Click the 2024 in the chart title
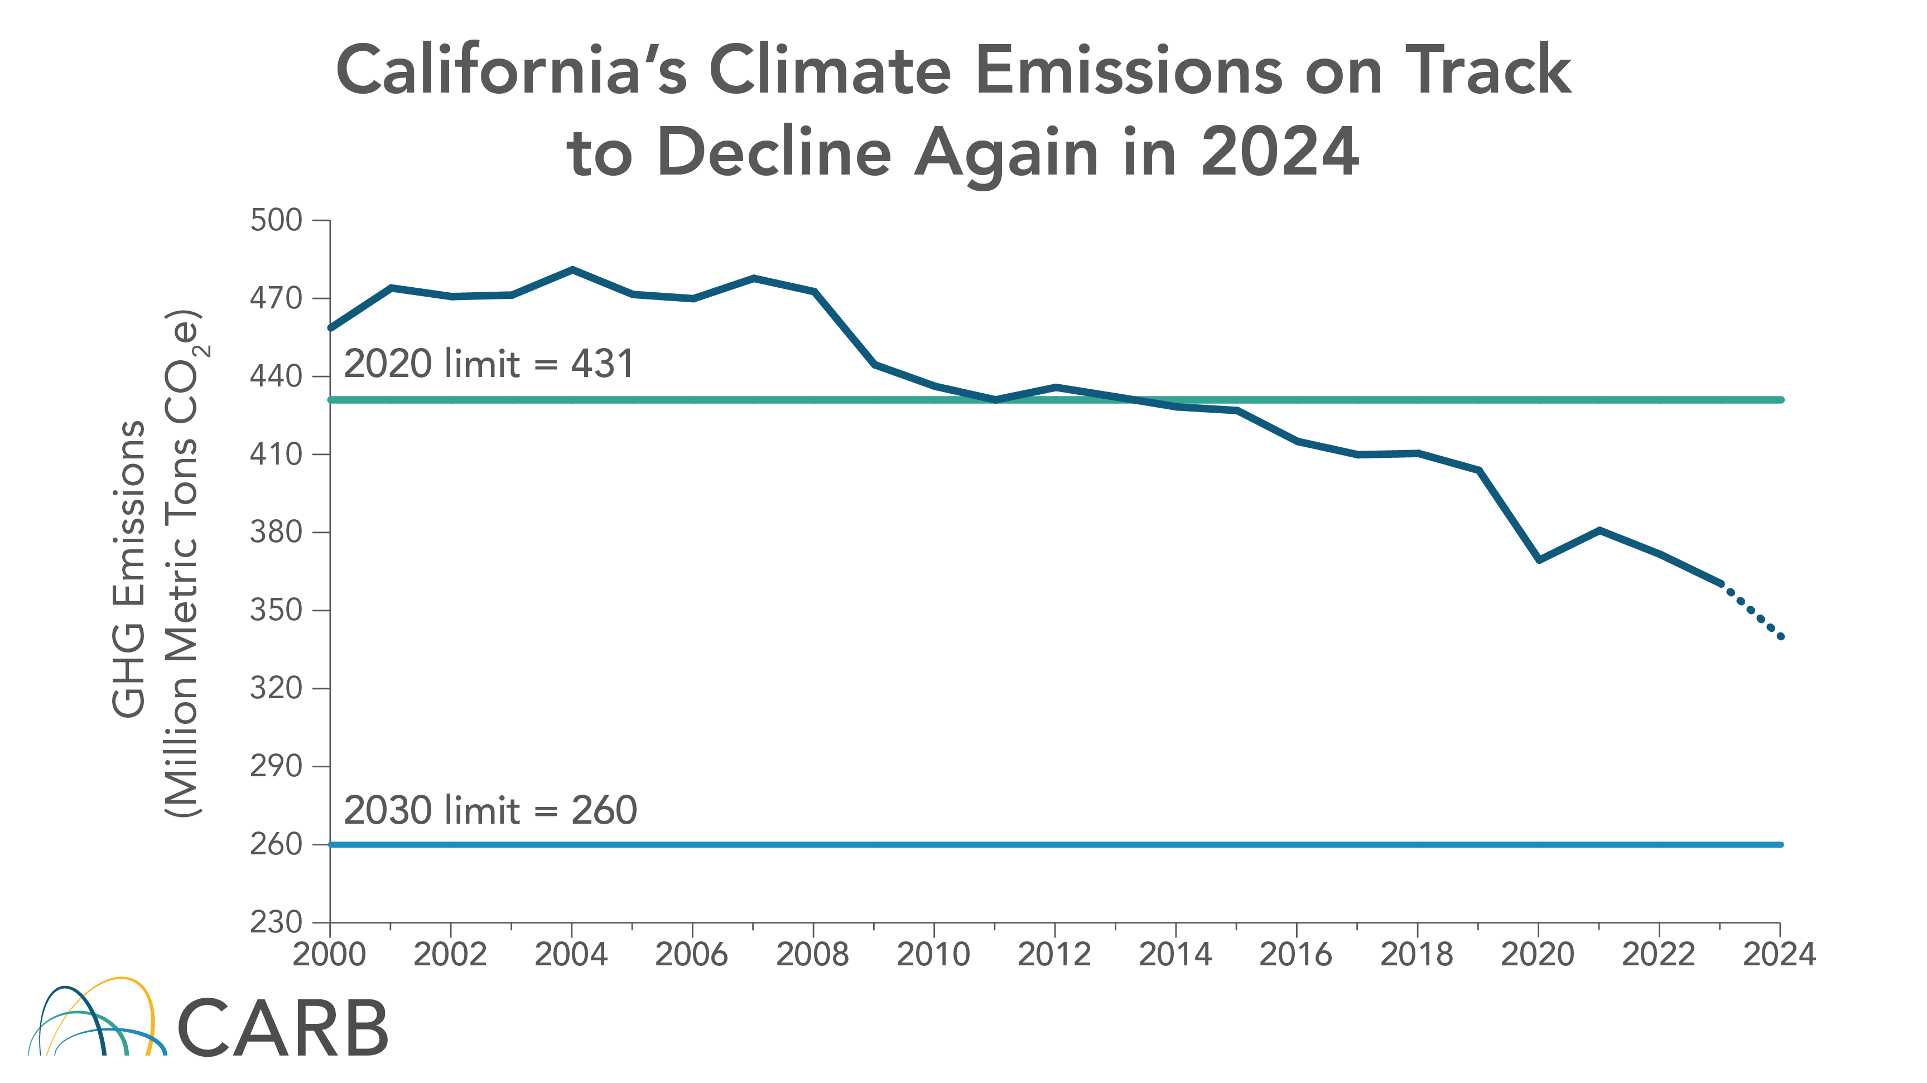[x=1279, y=152]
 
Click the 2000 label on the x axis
[x=329, y=954]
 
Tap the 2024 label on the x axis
[x=1779, y=954]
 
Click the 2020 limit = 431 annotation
[x=489, y=364]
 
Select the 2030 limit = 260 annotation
[x=490, y=811]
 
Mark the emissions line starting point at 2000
[x=331, y=327]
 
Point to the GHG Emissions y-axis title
[x=129, y=568]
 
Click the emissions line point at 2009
[x=874, y=364]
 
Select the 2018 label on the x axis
[x=1416, y=954]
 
